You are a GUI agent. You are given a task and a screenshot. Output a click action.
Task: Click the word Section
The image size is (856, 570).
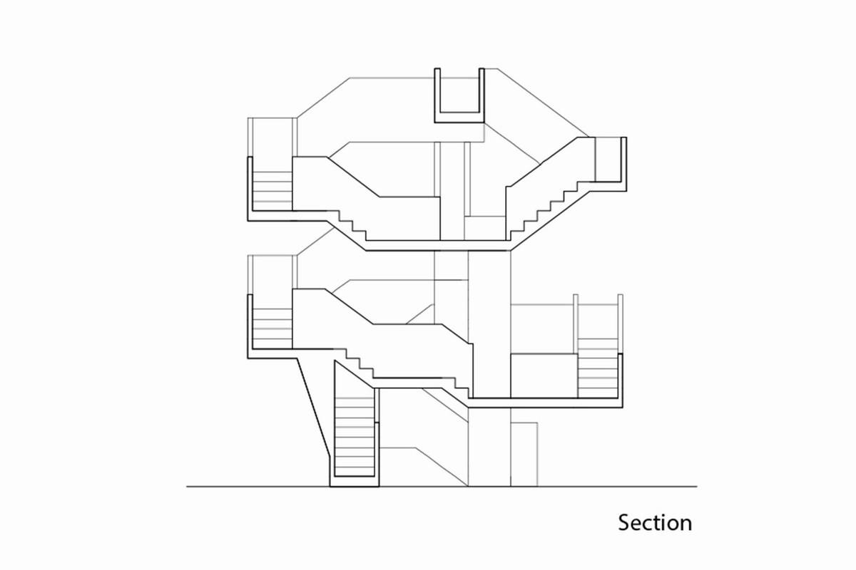pyautogui.click(x=655, y=523)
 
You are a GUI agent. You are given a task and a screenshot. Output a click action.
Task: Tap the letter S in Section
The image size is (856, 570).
pyautogui.click(x=623, y=523)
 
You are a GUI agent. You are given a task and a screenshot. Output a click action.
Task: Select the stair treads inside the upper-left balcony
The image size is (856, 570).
pyautogui.click(x=272, y=187)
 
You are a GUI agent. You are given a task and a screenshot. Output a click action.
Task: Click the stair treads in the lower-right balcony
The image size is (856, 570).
pyautogui.click(x=598, y=368)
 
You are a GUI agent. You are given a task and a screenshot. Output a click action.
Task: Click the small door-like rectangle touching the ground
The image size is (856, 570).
pyautogui.click(x=524, y=455)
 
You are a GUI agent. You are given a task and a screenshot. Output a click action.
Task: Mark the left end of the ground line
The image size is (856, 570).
pyautogui.click(x=186, y=487)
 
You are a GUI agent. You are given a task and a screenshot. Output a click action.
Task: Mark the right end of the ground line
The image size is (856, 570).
pyautogui.click(x=697, y=487)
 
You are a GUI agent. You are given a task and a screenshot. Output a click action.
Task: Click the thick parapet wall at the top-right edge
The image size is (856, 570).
pyautogui.click(x=623, y=164)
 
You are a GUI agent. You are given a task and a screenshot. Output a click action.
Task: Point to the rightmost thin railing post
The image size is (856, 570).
pyautogui.click(x=620, y=323)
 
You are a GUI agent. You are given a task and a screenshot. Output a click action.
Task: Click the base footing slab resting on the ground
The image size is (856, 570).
pyautogui.click(x=355, y=482)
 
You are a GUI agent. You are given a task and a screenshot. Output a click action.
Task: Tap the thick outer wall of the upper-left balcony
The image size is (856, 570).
pyautogui.click(x=250, y=189)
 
